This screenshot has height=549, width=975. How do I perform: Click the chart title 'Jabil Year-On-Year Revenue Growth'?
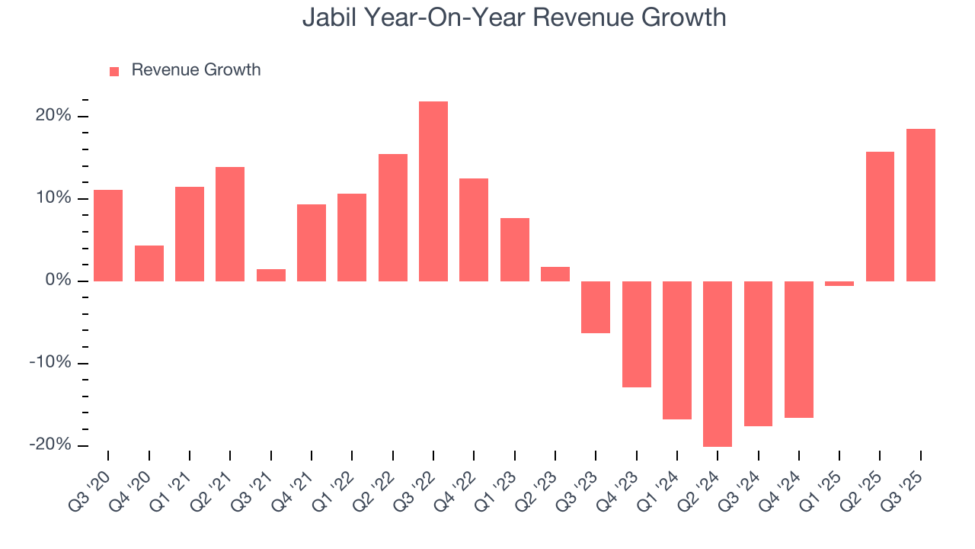pyautogui.click(x=514, y=18)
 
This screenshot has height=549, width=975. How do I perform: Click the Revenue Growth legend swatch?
pyautogui.click(x=114, y=71)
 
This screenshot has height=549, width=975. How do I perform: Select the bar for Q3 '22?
pyautogui.click(x=433, y=191)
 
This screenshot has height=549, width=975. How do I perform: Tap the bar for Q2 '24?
pyautogui.click(x=718, y=364)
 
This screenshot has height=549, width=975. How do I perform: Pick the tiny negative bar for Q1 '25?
pyautogui.click(x=839, y=284)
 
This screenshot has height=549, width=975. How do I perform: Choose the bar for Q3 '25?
pyautogui.click(x=921, y=204)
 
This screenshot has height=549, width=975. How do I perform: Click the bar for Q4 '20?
pyautogui.click(x=149, y=263)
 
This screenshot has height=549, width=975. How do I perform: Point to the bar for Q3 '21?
pyautogui.click(x=271, y=275)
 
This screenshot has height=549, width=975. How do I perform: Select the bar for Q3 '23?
pyautogui.click(x=596, y=307)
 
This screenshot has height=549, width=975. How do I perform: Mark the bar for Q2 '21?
pyautogui.click(x=230, y=223)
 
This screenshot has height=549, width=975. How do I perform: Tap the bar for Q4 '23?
pyautogui.click(x=637, y=334)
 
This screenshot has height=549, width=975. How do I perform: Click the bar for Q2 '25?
pyautogui.click(x=880, y=216)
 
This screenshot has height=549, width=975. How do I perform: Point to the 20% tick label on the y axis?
pyautogui.click(x=53, y=116)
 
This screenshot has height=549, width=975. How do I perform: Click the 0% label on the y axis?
pyautogui.click(x=58, y=281)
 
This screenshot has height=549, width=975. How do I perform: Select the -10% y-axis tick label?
pyautogui.click(x=50, y=363)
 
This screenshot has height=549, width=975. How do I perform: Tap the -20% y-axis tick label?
pyautogui.click(x=50, y=445)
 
